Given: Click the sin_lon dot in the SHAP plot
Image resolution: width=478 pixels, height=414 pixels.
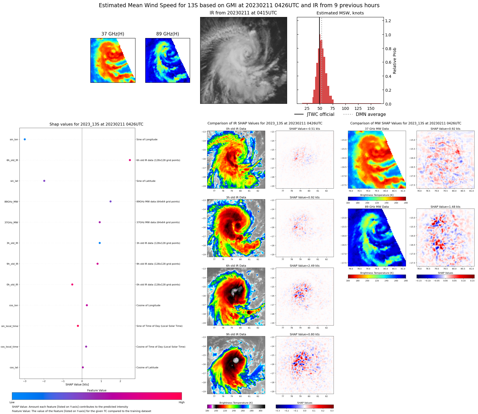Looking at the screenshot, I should point(25,139).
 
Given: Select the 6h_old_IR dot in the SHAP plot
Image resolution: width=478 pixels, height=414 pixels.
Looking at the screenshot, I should point(130,160).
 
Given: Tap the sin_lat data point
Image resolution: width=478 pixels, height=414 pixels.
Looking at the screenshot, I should point(44,181).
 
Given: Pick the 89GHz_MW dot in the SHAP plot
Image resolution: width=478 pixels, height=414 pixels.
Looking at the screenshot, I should point(110,202).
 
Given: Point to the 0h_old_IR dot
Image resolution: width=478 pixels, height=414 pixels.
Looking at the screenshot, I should point(72,285).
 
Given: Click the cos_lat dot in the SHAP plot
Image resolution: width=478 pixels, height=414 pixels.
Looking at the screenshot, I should point(83,367).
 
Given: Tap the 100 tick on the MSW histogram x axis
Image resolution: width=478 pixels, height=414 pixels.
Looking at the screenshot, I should point(345,109).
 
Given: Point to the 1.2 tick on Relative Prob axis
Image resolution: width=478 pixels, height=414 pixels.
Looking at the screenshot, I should point(388,21).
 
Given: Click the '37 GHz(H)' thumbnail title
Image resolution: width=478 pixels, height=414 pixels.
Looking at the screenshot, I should point(113,34).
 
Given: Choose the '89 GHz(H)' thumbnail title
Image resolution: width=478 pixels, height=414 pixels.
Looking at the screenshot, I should point(168,34).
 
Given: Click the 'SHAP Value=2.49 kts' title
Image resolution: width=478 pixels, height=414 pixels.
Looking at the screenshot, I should point(304,266).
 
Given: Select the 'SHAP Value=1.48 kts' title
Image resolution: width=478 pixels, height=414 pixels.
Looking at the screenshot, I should point(445,207).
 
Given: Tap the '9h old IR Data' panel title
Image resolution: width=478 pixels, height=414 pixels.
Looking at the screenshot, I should point(236,334).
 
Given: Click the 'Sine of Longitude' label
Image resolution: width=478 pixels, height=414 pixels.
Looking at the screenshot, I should point(147,140).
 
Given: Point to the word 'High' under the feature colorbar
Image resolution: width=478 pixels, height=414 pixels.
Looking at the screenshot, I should point(181,402).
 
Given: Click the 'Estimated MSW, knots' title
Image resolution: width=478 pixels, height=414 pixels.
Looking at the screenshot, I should point(340,13).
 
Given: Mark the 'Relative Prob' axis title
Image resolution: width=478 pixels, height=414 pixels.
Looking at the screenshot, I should point(395,61).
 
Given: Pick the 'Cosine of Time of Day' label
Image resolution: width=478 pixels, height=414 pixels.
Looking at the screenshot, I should point(161,347).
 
